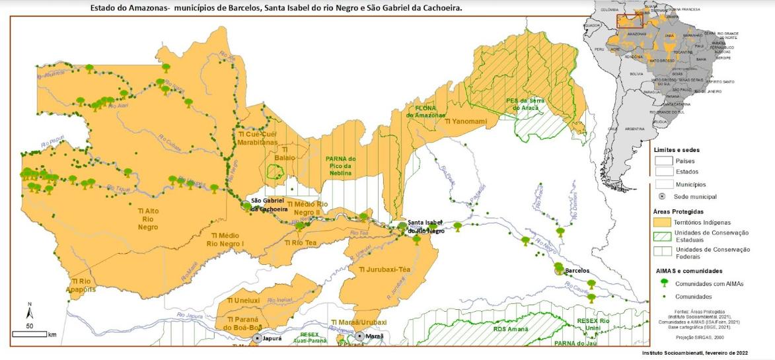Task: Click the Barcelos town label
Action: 577,271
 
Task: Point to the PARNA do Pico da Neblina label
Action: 341,166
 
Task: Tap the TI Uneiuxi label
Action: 242,301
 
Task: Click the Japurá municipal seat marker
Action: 257,338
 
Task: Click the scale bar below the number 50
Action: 29,334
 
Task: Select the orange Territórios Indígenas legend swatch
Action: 663,223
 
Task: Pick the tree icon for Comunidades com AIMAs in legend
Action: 663,283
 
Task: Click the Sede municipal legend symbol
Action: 663,197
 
